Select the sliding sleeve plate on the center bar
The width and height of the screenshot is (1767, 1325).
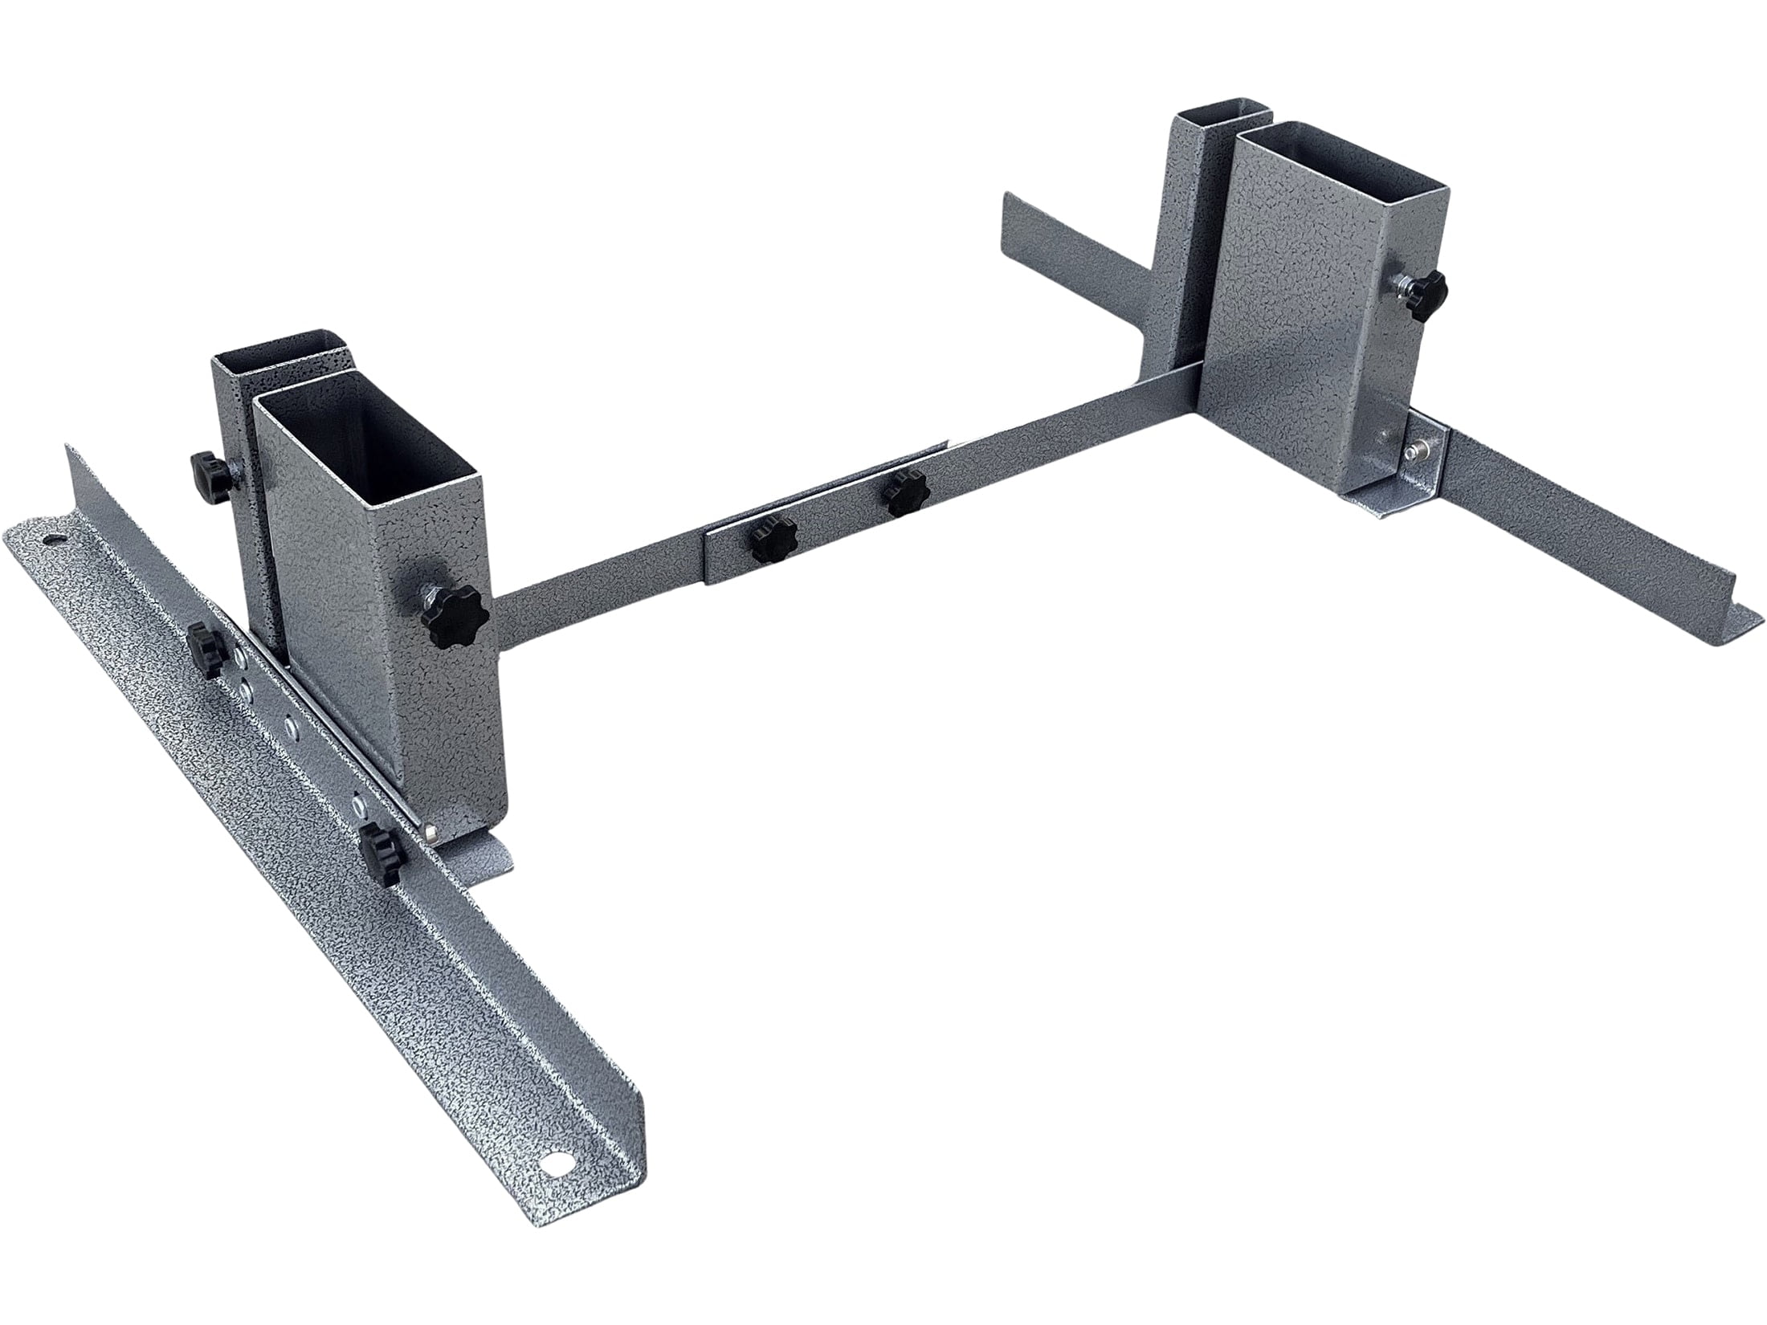click(827, 522)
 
